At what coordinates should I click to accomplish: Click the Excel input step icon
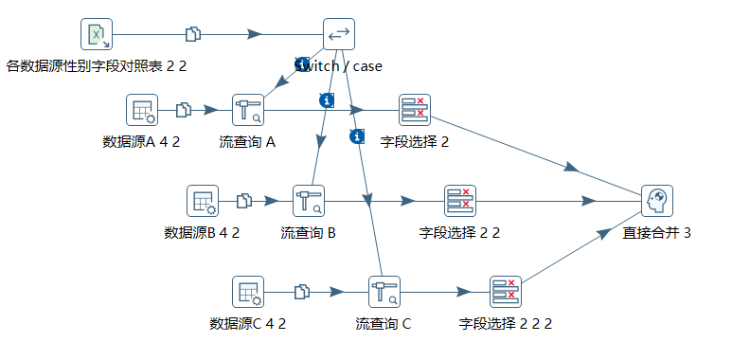(97, 34)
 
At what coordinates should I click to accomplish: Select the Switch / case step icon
(338, 34)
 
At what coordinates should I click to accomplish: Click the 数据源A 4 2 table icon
(142, 110)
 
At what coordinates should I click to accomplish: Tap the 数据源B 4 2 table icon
(203, 201)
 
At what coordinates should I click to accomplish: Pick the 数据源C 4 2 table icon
(248, 292)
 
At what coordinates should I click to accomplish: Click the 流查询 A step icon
(248, 110)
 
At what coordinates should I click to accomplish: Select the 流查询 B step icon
(309, 201)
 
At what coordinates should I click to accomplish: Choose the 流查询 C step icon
(384, 292)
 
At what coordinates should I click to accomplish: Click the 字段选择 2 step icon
(414, 110)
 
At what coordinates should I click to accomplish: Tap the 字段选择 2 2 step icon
(460, 201)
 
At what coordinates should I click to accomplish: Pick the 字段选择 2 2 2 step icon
(506, 292)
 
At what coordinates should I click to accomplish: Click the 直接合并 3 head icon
(656, 201)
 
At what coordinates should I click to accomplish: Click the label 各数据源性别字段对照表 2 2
(97, 66)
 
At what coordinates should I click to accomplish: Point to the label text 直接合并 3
(656, 232)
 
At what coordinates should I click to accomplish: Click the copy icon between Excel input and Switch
(194, 34)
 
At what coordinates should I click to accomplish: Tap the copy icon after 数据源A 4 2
(184, 110)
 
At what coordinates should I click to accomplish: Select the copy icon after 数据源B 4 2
(244, 201)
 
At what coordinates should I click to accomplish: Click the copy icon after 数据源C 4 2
(302, 292)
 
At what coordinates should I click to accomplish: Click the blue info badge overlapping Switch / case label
(302, 64)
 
